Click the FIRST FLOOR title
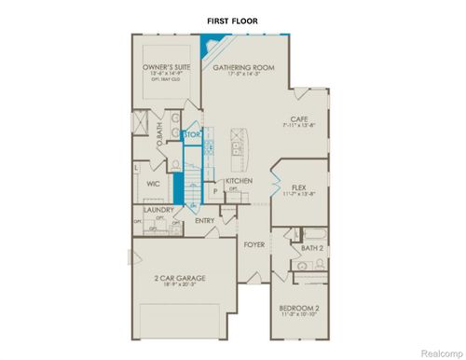click(232, 20)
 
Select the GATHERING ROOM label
click(243, 68)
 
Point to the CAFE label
click(298, 119)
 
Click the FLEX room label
click(299, 186)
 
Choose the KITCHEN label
click(240, 181)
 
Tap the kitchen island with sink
click(239, 145)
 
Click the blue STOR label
click(192, 135)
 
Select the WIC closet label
click(156, 185)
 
